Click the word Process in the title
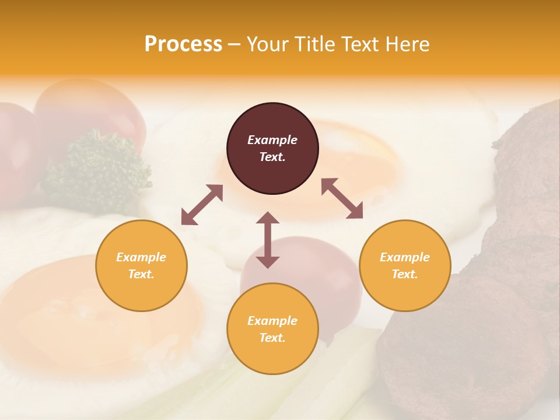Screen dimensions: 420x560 click(x=183, y=44)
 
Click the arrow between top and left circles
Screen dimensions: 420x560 click(x=202, y=205)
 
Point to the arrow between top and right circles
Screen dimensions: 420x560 click(x=342, y=199)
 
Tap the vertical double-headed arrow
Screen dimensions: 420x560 click(x=268, y=240)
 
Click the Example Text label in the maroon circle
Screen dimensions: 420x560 click(x=272, y=148)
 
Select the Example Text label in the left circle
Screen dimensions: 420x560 click(x=141, y=265)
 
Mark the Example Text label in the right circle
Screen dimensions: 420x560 click(x=405, y=265)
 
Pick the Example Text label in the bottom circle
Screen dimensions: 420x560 click(x=272, y=329)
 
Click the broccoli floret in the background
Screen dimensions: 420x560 click(x=96, y=166)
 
